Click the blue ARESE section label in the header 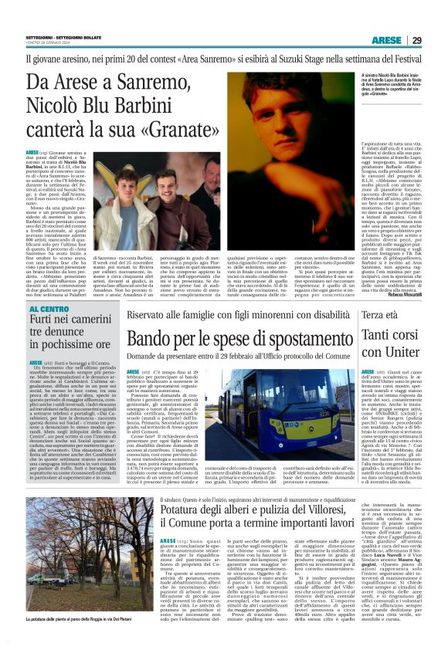click(x=386, y=39)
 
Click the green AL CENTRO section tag click(x=50, y=309)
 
